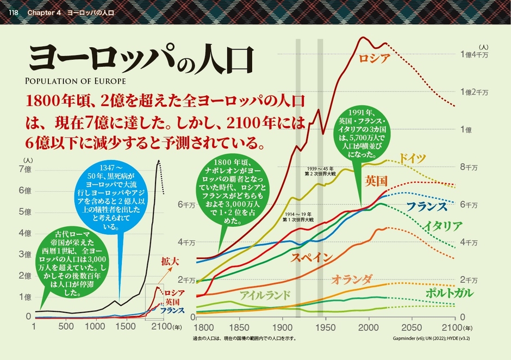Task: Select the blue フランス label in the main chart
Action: click(427, 207)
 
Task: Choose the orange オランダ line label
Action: click(352, 280)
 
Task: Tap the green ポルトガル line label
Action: click(449, 293)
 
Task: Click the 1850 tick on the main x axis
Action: click(238, 328)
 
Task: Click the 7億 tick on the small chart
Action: click(25, 169)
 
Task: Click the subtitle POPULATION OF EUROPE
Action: click(75, 82)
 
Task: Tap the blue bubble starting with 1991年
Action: click(361, 131)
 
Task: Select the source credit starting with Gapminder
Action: click(431, 338)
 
